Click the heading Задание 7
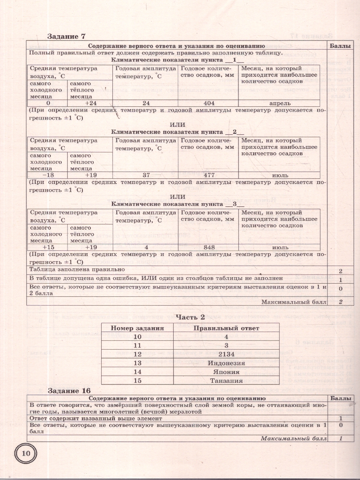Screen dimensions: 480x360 pyautogui.click(x=66, y=36)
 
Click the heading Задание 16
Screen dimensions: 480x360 pyautogui.click(x=69, y=390)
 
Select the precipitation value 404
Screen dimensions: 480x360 pyautogui.click(x=209, y=103)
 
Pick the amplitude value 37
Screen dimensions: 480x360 pyautogui.click(x=146, y=175)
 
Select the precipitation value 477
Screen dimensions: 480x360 pyautogui.click(x=209, y=175)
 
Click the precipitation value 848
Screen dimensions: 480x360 pyautogui.click(x=209, y=247)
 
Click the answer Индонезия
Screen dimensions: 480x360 pyautogui.click(x=226, y=363)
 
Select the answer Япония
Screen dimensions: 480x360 pyautogui.click(x=226, y=372)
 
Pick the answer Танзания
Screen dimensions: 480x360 pyautogui.click(x=226, y=381)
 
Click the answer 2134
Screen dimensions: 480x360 pyautogui.click(x=226, y=354)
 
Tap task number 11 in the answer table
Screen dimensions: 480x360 pyautogui.click(x=138, y=346)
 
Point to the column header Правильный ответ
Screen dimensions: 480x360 pyautogui.click(x=226, y=328)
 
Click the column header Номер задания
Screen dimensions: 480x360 pyautogui.click(x=138, y=328)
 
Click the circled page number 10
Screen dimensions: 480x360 pyautogui.click(x=26, y=453)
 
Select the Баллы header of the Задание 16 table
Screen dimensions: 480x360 pyautogui.click(x=341, y=398)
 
